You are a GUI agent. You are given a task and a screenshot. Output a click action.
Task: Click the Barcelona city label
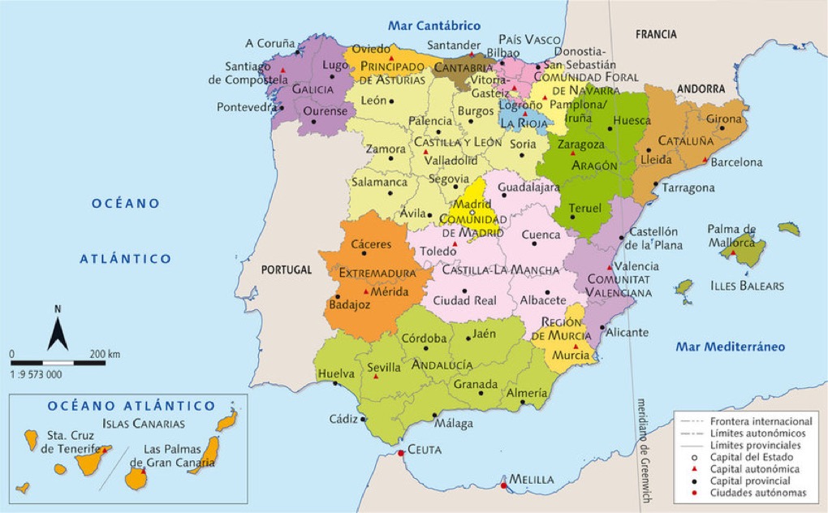[736, 162]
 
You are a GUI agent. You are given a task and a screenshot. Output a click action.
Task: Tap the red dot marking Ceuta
[400, 453]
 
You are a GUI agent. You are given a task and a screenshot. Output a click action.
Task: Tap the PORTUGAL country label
[287, 269]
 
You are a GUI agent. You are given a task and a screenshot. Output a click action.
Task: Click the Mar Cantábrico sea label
[434, 26]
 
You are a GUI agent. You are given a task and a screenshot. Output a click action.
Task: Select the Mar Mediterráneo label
[730, 347]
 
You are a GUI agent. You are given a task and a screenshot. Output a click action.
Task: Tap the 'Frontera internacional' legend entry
[761, 422]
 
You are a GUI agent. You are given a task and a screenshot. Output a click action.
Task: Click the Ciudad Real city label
[464, 300]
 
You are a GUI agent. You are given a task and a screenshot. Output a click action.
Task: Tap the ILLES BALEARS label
[747, 286]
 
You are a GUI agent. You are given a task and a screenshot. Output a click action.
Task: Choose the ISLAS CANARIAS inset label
[144, 424]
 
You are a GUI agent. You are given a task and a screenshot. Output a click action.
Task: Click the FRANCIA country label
[656, 34]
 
